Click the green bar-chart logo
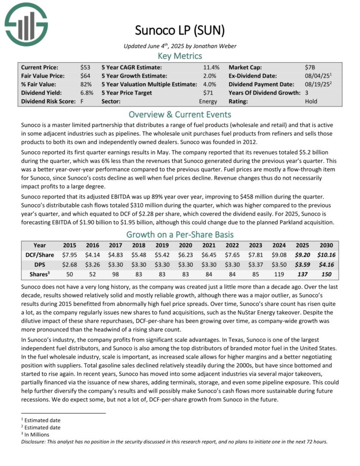click(x=25, y=23)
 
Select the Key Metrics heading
click(x=179, y=56)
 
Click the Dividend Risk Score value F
click(x=82, y=101)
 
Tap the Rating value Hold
click(x=312, y=101)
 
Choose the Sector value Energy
click(x=208, y=101)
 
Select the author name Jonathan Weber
click(x=215, y=46)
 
